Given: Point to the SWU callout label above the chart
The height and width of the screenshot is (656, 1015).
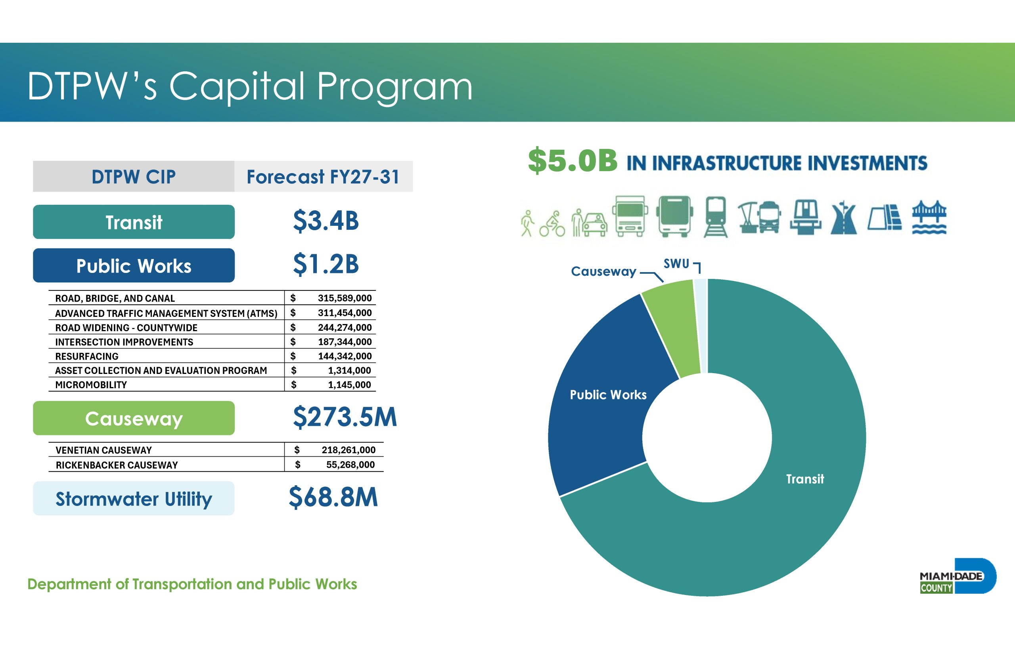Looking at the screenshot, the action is click(x=676, y=264).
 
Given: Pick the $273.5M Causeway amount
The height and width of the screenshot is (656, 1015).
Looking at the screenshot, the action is click(x=345, y=417).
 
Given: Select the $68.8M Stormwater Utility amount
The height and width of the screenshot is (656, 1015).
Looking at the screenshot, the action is click(x=333, y=497).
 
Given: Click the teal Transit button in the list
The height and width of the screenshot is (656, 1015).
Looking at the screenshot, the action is click(x=134, y=222).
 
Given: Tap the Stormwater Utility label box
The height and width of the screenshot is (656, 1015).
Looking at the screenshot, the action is click(x=134, y=498).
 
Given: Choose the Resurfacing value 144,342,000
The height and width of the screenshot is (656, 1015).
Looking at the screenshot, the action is click(x=345, y=356).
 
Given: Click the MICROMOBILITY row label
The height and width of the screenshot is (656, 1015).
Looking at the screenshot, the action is click(x=91, y=385).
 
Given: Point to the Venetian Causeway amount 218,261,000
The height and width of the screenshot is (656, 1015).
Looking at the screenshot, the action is click(x=349, y=450).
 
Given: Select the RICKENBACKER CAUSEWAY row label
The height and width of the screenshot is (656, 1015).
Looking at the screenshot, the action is click(x=117, y=465).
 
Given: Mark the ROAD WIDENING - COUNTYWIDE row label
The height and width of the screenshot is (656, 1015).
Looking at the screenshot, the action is click(x=126, y=328).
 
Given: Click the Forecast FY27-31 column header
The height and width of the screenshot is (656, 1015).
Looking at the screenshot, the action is click(x=323, y=176).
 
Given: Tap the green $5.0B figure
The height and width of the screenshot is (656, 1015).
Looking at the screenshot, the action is click(x=573, y=160).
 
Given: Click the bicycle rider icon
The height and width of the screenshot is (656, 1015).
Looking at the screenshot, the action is click(x=552, y=224).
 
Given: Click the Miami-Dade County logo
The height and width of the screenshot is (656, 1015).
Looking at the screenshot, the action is click(x=958, y=576).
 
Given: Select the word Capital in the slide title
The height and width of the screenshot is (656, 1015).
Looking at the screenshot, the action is click(x=237, y=87).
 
